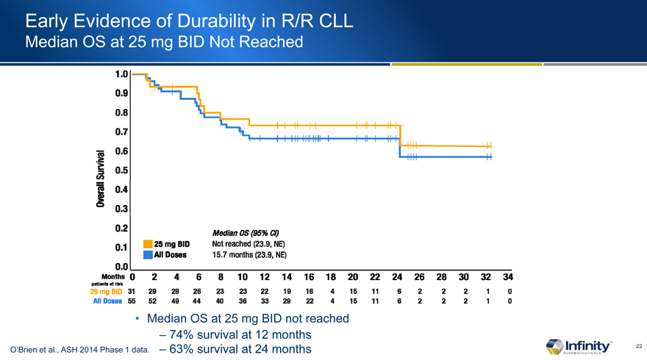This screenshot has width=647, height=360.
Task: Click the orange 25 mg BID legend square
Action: [148, 244]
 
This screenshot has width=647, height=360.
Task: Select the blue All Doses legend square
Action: [148, 255]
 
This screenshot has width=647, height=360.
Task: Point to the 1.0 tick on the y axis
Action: [122, 74]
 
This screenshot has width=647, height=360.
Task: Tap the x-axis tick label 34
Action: [507, 278]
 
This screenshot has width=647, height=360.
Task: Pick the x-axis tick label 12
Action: [265, 278]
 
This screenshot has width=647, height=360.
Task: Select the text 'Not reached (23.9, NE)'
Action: [249, 244]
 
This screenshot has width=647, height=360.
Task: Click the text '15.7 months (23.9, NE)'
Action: [249, 255]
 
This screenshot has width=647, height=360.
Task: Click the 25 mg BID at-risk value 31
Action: [132, 292]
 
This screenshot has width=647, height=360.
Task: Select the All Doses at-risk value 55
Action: [132, 301]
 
